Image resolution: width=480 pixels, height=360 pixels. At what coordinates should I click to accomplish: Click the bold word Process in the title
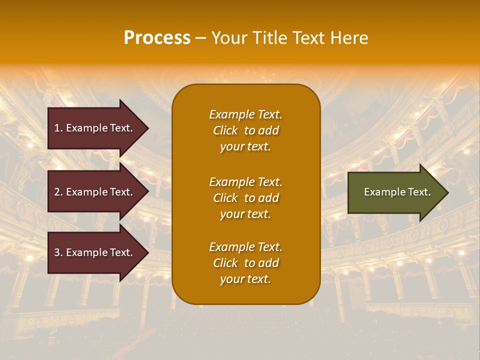coord(157,38)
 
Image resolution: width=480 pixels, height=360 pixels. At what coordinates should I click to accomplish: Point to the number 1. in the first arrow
coord(58,128)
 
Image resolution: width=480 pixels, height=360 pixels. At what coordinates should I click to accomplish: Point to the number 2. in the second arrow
coord(58,192)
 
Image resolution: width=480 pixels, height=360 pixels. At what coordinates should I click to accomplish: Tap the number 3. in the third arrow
coord(58,252)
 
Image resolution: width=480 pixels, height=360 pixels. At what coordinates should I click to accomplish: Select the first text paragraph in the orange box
coord(245,130)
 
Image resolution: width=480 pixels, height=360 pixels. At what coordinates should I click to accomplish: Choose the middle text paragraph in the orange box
coord(245,198)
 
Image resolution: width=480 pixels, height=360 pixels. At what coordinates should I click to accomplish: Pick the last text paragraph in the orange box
coord(245,263)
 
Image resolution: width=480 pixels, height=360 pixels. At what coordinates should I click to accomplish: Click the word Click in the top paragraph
coord(225,130)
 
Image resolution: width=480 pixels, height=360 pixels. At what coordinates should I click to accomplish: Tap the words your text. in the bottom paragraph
coord(245,279)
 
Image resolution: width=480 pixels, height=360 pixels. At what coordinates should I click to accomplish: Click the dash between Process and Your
coord(200,38)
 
